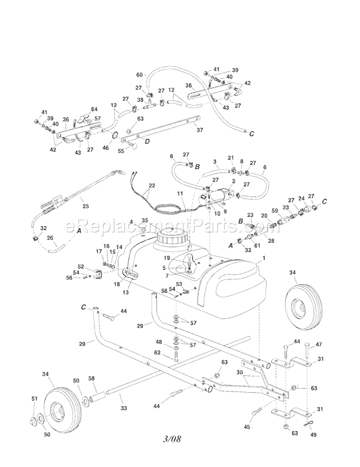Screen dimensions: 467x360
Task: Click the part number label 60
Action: pyautogui.click(x=139, y=75)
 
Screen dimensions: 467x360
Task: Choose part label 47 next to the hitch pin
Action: pyautogui.click(x=318, y=344)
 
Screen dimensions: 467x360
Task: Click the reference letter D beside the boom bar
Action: pyautogui.click(x=147, y=141)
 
